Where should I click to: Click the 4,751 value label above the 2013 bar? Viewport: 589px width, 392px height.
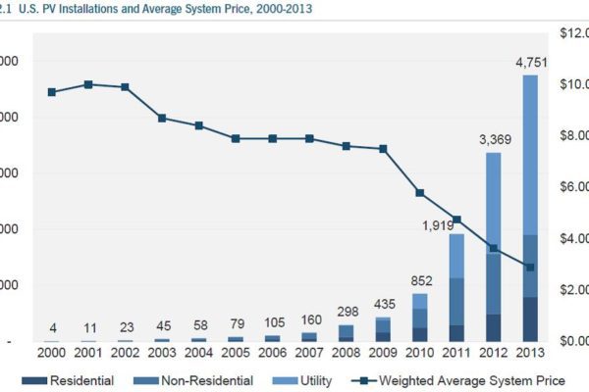(x=531, y=62)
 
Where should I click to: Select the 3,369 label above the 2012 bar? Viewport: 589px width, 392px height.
(x=493, y=140)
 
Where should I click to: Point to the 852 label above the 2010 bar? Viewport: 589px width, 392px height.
(x=419, y=281)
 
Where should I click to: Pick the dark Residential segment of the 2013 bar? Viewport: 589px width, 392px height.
(x=531, y=318)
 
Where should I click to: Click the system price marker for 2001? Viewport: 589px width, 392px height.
(x=88, y=84)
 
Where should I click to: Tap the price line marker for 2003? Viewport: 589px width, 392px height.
(x=163, y=118)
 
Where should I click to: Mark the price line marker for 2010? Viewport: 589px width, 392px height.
(x=419, y=193)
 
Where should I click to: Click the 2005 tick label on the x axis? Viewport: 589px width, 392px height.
(x=236, y=352)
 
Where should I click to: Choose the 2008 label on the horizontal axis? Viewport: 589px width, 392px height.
(x=346, y=352)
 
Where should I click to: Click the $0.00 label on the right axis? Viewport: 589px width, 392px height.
(x=572, y=341)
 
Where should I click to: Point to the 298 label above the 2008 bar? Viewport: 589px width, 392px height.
(x=346, y=311)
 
